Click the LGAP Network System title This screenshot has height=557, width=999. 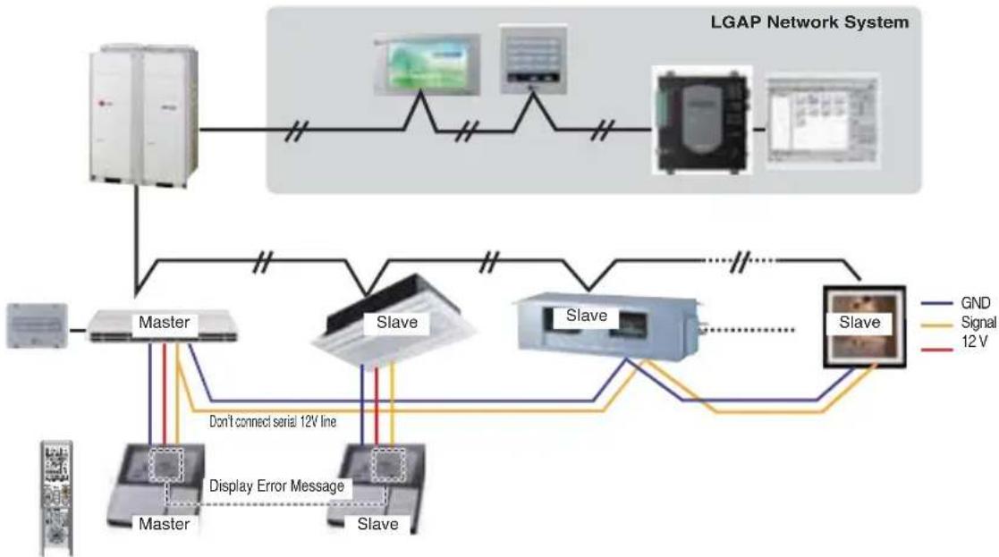809,22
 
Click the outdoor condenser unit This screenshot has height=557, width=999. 144,116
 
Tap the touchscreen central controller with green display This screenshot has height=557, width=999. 427,64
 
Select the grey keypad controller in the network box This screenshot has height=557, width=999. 533,59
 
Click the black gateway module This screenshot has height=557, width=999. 702,121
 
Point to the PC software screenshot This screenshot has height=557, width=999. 823,121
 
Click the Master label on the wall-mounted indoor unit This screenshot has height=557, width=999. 164,322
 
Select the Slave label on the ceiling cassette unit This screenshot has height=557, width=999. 397,322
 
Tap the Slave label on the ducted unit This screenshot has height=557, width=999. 586,315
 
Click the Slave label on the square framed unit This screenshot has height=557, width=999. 859,322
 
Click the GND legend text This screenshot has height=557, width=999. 975,303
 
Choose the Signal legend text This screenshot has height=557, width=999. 978,322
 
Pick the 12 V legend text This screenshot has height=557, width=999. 975,342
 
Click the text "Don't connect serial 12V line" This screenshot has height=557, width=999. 273,421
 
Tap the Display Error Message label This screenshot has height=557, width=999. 276,486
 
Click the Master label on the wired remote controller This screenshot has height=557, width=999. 164,524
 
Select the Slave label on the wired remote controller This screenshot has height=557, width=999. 377,524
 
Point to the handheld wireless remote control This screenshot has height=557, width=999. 56,498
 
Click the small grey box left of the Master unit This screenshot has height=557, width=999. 37,325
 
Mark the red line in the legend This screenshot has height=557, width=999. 936,350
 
